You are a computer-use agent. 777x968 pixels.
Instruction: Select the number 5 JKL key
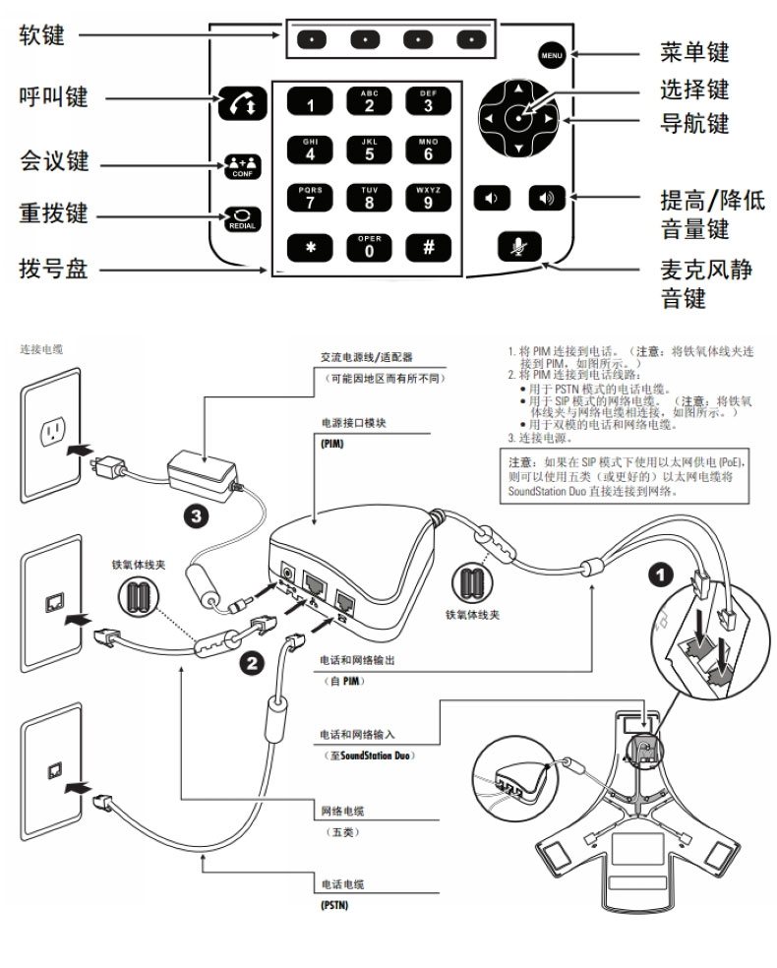[x=370, y=149]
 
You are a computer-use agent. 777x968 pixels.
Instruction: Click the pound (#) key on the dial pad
[x=429, y=246]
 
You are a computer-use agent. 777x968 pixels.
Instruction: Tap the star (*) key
[x=311, y=247]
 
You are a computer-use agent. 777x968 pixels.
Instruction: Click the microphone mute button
[x=517, y=246]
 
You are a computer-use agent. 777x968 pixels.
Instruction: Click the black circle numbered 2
[x=252, y=662]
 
